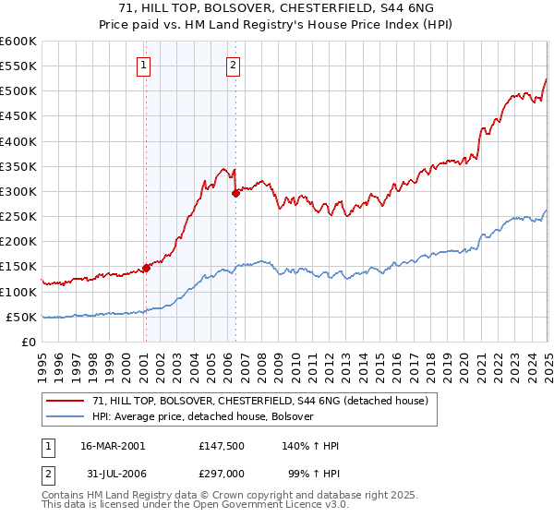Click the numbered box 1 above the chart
pyautogui.click(x=145, y=65)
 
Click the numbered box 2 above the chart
pyautogui.click(x=233, y=65)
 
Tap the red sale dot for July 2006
pyautogui.click(x=235, y=193)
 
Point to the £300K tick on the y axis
pyautogui.click(x=18, y=192)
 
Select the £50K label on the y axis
pyautogui.click(x=21, y=317)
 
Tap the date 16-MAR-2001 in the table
pyautogui.click(x=113, y=445)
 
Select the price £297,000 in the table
pyautogui.click(x=222, y=472)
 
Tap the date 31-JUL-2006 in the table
pyautogui.click(x=112, y=472)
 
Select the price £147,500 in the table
pyautogui.click(x=222, y=445)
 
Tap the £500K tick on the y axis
pyautogui.click(x=18, y=91)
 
